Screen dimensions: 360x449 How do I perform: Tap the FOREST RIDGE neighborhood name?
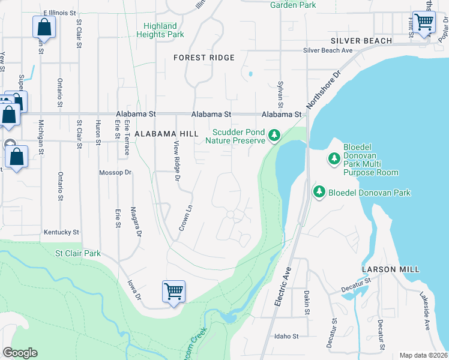(203, 58)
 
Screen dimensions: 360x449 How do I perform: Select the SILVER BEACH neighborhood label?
(361, 41)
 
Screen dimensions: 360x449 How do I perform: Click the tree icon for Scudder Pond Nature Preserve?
(274, 136)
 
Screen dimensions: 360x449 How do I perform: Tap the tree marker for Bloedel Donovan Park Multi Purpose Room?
(334, 159)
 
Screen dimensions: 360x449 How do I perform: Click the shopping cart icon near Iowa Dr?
(173, 292)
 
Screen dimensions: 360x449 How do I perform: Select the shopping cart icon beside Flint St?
(424, 23)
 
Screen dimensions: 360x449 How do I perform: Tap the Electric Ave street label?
(283, 287)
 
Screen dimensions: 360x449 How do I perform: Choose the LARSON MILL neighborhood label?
(391, 269)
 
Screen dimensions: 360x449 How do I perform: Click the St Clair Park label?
(79, 254)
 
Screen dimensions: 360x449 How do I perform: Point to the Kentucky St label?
(61, 232)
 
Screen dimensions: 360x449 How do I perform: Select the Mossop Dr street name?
(115, 172)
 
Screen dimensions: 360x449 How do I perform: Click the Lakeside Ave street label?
(426, 311)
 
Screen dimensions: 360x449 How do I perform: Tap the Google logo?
(20, 353)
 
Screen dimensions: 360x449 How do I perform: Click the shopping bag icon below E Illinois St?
(44, 27)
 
